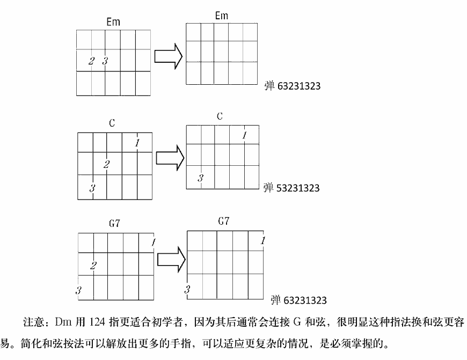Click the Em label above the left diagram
pos(113,22)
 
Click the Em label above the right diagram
pos(222,16)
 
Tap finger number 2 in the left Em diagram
pos(91,61)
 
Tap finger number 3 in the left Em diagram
pos(105,61)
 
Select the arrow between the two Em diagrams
pos(168,56)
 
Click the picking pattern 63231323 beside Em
pos(299,86)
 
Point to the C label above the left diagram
pos(112,123)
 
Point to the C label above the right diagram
pos(220,116)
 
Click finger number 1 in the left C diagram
pos(137,143)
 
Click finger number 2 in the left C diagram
pos(107,164)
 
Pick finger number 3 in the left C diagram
pos(92,188)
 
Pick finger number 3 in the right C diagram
pos(200,178)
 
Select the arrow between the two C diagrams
pos(170,158)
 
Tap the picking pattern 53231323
pos(298,188)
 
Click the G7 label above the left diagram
pos(115,223)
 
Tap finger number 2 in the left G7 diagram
pos(93,266)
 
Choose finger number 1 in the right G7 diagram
pos(263,240)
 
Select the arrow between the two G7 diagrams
pos(171,259)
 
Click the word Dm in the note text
pos(62,322)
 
